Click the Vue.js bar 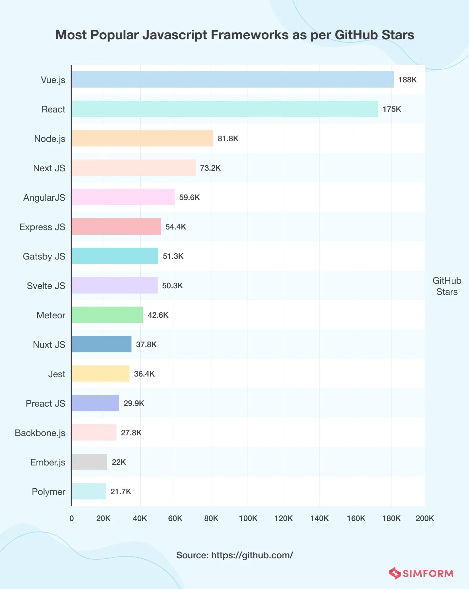click(x=232, y=79)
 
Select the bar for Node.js click(x=142, y=138)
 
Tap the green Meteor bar click(x=107, y=315)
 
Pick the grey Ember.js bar click(x=89, y=462)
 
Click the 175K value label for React click(x=391, y=109)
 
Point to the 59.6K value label click(x=189, y=197)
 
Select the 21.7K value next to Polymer click(x=121, y=492)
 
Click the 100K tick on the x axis click(x=248, y=518)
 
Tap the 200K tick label click(x=425, y=518)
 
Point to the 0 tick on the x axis click(x=72, y=518)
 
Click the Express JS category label click(x=42, y=227)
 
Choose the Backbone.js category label click(x=40, y=433)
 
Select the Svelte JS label click(x=46, y=286)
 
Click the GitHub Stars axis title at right click(x=447, y=286)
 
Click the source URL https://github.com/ click(x=252, y=555)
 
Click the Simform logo click(x=421, y=573)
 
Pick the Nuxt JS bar click(x=101, y=344)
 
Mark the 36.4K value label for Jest click(x=144, y=374)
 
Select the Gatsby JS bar click(x=115, y=256)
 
